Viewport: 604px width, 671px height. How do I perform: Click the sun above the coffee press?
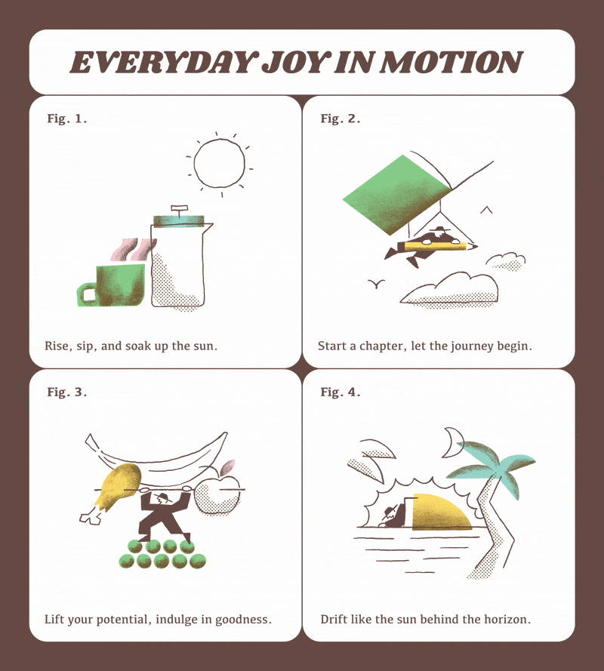click(x=219, y=165)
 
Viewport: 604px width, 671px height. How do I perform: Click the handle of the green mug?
click(x=87, y=294)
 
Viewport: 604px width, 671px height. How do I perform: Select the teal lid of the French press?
click(x=178, y=220)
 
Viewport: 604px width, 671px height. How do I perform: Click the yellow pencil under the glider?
click(x=436, y=247)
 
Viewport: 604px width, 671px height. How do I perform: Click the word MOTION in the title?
click(x=452, y=63)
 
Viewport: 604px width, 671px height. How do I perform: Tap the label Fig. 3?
click(x=66, y=392)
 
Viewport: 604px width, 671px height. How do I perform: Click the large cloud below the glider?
click(x=449, y=289)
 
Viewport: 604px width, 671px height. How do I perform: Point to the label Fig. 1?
click(x=66, y=119)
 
